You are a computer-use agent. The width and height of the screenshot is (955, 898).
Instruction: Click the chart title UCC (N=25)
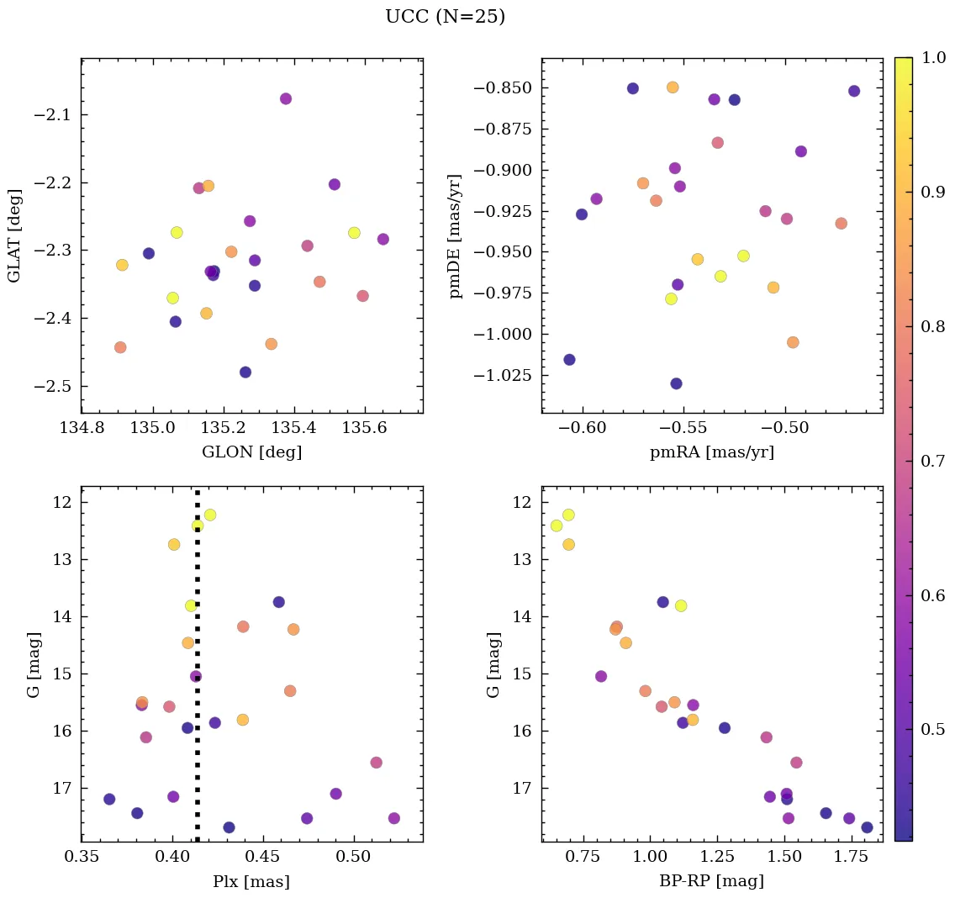pyautogui.click(x=445, y=17)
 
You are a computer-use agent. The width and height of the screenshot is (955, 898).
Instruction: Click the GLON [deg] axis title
pyautogui.click(x=251, y=452)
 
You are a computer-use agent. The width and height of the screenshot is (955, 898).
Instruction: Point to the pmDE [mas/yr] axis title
pyautogui.click(x=456, y=236)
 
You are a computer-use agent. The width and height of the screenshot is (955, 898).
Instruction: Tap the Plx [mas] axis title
pyautogui.click(x=251, y=882)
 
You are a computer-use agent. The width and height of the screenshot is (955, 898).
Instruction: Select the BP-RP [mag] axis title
pyautogui.click(x=712, y=882)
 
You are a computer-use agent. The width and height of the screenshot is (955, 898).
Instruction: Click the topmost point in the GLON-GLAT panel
pyautogui.click(x=286, y=98)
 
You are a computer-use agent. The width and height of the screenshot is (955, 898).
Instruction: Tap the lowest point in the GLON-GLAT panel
pyautogui.click(x=245, y=372)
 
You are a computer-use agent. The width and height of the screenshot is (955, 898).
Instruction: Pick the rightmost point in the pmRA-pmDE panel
pyautogui.click(x=854, y=91)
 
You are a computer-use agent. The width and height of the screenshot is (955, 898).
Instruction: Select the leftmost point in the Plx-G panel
pyautogui.click(x=109, y=799)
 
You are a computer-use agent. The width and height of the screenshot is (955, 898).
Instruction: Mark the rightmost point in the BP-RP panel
pyautogui.click(x=867, y=827)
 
